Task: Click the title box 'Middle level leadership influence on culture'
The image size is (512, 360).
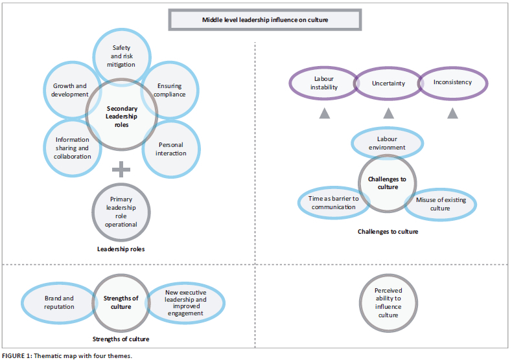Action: coord(266,19)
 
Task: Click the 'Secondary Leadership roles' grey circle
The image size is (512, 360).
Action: coord(121,115)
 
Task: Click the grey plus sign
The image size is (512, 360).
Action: coord(121,170)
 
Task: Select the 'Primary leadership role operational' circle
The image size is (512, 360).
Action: coord(122,212)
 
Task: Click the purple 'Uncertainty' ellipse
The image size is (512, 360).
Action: coord(388,84)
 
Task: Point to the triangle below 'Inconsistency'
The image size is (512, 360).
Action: coord(452,113)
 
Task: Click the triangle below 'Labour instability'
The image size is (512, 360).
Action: coord(323,113)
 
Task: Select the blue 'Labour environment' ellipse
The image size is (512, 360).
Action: coord(387,143)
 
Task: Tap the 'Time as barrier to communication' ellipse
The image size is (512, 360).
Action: coord(329,202)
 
